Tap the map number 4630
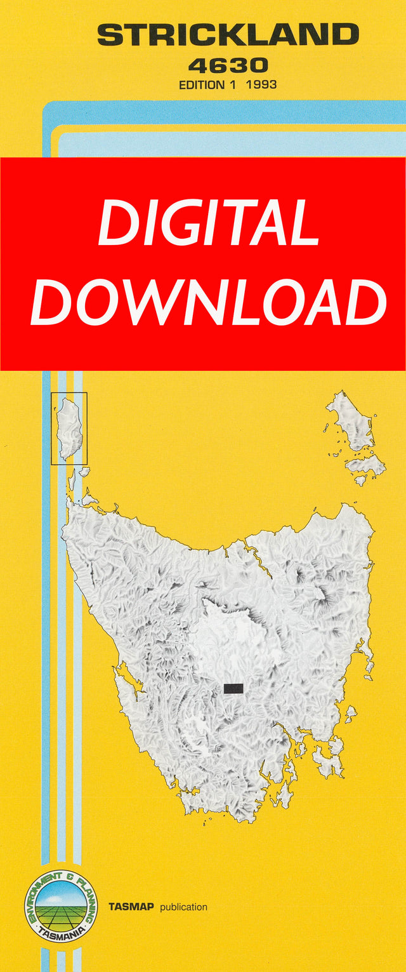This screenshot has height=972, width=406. [228, 65]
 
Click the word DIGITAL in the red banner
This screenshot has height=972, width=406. [209, 223]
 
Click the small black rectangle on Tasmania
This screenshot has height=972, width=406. [233, 688]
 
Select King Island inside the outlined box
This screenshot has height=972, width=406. [69, 429]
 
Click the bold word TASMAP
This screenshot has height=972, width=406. [131, 907]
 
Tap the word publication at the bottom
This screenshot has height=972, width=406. [183, 907]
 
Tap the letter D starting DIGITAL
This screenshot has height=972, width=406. [117, 223]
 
